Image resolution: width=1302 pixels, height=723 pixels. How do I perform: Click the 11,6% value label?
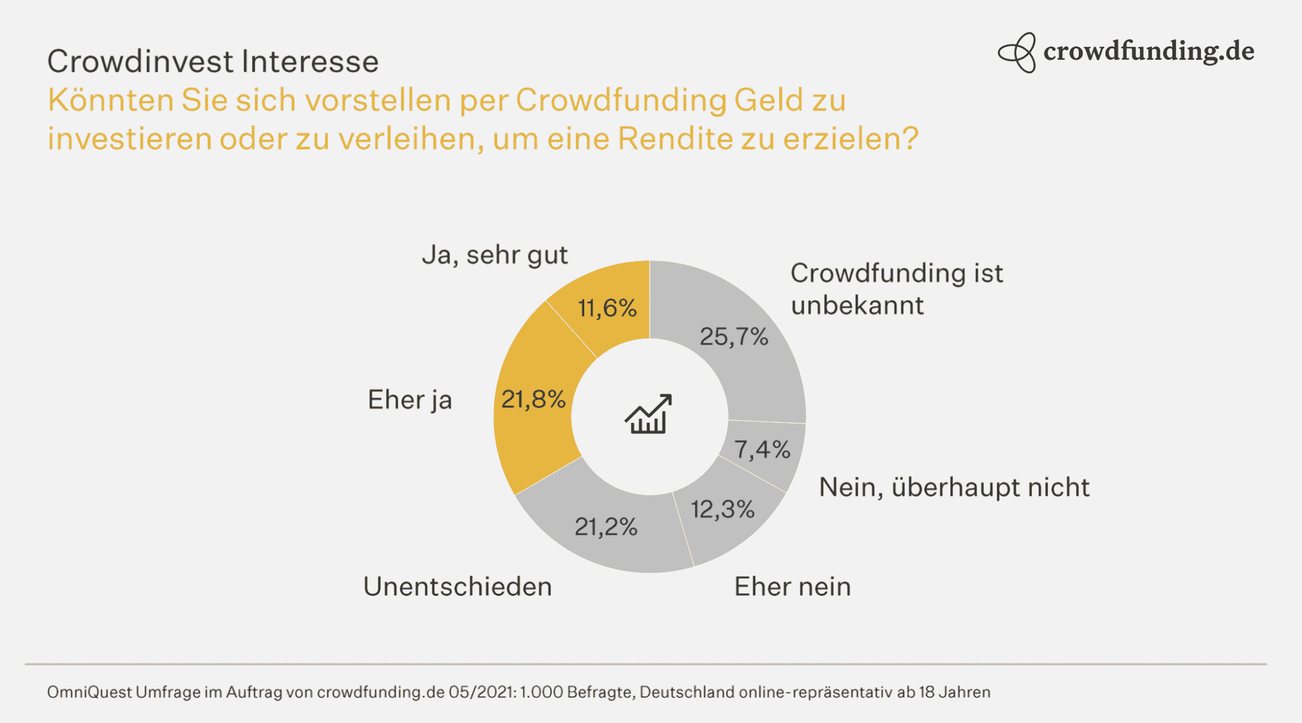coord(606,308)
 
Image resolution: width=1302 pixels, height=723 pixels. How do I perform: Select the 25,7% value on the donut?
coord(734,336)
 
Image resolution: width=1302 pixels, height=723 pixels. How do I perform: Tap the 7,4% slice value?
coord(762,450)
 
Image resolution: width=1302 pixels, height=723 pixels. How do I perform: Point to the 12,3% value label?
coord(722,509)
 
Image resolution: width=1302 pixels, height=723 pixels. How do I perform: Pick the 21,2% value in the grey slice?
coord(605,527)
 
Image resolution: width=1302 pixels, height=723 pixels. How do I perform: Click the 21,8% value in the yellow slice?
coord(533,399)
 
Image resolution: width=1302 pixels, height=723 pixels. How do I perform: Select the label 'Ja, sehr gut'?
coord(495,255)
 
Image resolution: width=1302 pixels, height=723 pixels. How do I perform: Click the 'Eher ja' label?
coord(409,400)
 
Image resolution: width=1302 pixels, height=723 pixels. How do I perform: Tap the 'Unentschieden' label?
coord(457,586)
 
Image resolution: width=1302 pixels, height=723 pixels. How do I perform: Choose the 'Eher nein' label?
coord(792,586)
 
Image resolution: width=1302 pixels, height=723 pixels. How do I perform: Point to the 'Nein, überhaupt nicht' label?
coord(954,487)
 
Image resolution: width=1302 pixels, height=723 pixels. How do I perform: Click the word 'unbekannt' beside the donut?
coord(856,305)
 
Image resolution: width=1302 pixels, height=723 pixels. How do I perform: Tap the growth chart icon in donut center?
coord(648,414)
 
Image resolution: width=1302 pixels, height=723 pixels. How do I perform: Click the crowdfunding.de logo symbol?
coord(1017,53)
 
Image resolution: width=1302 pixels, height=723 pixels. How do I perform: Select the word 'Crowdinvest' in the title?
coord(140,62)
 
